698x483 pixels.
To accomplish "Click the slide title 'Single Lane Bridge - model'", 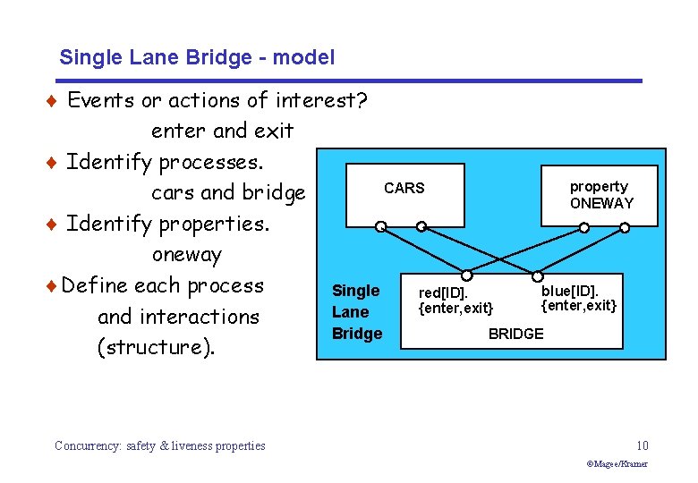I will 197,58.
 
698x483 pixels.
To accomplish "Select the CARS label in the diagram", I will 404,188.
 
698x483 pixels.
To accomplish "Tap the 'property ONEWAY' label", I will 600,195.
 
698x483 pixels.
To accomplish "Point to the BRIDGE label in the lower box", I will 515,334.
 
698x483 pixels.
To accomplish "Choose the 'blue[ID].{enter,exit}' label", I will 579,298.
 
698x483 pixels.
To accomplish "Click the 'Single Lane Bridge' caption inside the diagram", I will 356,312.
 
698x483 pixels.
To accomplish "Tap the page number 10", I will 642,445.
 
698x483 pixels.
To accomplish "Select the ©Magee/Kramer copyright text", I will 617,464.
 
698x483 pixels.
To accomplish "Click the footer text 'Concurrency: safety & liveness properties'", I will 159,445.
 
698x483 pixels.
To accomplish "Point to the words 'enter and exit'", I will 222,131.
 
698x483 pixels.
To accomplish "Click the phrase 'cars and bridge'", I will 228,192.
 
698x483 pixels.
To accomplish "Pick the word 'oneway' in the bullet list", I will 186,254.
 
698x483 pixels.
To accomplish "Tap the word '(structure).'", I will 156,347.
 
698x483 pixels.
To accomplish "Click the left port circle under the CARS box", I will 379,227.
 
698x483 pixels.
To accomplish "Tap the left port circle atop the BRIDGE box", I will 466,275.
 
